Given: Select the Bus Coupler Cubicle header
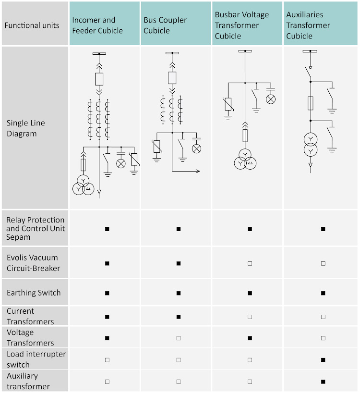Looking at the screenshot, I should click(x=165, y=25).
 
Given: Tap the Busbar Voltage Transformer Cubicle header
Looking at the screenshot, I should click(x=242, y=25).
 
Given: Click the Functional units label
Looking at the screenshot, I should click(x=32, y=25).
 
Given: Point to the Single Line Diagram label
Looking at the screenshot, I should click(x=26, y=128).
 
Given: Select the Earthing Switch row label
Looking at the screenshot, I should click(x=34, y=293).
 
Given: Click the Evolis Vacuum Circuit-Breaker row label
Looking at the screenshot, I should click(x=34, y=263).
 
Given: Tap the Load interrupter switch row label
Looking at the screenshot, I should click(x=36, y=359).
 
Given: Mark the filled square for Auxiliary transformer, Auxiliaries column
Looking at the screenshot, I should click(x=323, y=382).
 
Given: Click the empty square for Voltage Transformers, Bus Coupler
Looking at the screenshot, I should click(x=179, y=338).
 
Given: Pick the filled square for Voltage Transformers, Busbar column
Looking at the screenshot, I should click(x=250, y=338).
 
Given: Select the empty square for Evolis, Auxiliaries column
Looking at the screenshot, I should click(x=323, y=263).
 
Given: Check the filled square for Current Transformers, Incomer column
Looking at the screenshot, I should click(x=107, y=317).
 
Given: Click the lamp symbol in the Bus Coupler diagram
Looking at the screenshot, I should click(x=196, y=148).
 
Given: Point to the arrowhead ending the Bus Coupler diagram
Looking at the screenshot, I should click(x=198, y=171).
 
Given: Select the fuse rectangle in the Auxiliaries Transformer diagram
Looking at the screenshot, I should click(x=311, y=103).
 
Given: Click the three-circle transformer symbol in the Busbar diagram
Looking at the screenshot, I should click(x=245, y=160).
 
